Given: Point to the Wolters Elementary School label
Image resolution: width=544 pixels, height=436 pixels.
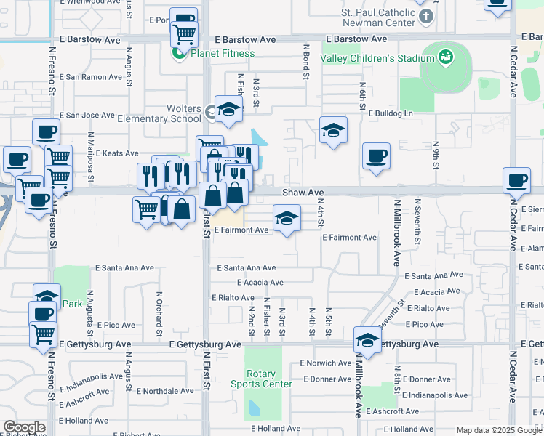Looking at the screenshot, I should point(174,113).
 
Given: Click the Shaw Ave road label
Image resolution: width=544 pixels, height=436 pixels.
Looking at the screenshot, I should point(303,193).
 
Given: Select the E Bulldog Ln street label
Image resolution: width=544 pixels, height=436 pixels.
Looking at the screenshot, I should point(391,113).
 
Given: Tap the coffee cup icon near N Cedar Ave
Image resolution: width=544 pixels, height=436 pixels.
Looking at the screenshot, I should point(517,180).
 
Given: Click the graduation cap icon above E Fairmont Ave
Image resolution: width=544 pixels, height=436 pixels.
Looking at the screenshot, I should point(287,217).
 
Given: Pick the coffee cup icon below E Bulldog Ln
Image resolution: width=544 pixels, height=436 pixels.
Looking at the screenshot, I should point(376,156).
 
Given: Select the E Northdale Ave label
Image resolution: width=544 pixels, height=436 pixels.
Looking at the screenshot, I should point(165,390).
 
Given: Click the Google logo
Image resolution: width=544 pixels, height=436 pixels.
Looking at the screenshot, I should point(23,427).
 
